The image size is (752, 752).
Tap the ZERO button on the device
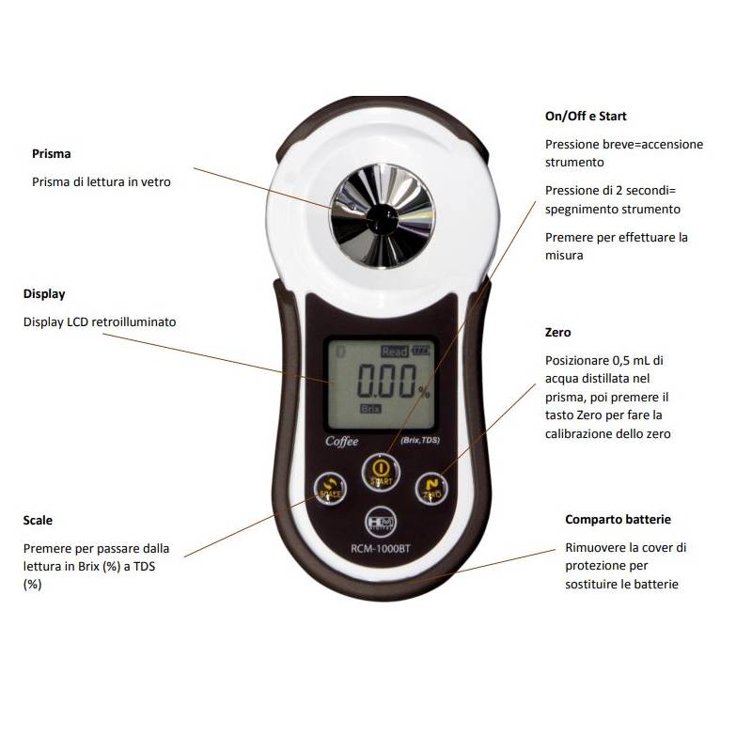click(432, 486)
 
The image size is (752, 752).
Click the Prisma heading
click(52, 153)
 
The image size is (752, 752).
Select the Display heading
click(44, 294)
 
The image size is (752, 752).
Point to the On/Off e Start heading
click(586, 117)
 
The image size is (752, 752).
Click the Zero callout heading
click(557, 332)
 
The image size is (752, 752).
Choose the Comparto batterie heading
click(618, 519)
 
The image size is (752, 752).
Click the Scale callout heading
click(38, 520)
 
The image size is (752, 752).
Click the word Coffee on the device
click(341, 440)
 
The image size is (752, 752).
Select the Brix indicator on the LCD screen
click(370, 409)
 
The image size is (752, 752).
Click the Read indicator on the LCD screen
click(394, 352)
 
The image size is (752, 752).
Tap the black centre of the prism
click(381, 215)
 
